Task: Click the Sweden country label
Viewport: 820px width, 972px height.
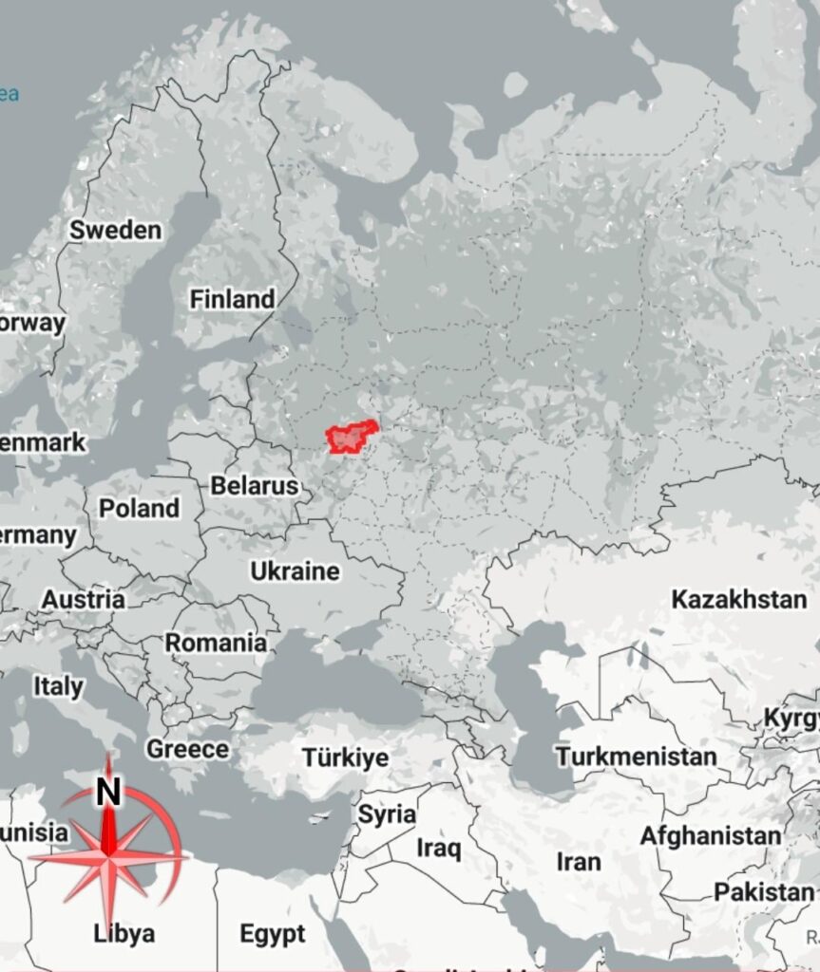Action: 115,230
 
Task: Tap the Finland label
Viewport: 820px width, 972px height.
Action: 232,299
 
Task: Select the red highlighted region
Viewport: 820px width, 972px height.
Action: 348,438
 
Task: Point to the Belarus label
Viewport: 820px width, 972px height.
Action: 254,485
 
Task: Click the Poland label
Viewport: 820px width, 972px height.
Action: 140,508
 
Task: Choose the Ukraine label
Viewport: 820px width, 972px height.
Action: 295,570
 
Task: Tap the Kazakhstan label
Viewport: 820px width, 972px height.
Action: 738,599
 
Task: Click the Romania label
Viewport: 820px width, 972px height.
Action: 216,643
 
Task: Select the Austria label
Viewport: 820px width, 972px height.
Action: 83,600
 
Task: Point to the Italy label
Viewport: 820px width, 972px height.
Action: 58,685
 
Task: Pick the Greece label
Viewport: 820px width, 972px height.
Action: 187,749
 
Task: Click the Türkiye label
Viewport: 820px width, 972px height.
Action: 345,757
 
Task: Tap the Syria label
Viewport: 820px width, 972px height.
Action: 387,813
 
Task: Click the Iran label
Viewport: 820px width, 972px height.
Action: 579,861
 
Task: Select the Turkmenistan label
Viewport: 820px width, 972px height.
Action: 636,757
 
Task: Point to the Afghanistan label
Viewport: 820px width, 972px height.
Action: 710,835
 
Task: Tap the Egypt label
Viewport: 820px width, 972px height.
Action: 273,933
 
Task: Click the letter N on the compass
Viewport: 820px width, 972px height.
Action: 109,791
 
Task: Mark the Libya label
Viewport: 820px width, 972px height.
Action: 124,933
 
